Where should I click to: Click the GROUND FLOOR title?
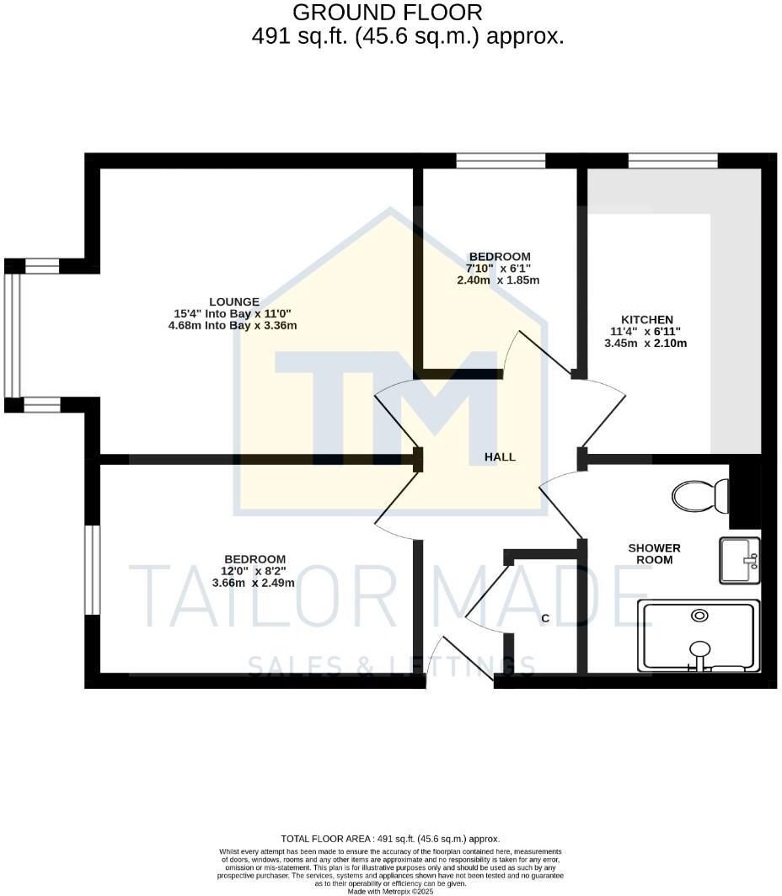(x=388, y=13)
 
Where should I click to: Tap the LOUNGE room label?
(x=233, y=302)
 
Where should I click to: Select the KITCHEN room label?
(x=646, y=320)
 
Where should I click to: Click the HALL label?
(x=500, y=457)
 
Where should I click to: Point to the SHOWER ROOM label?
(x=654, y=554)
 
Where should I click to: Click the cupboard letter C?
(x=545, y=619)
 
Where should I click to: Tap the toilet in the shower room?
(x=700, y=495)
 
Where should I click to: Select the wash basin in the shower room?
(x=739, y=561)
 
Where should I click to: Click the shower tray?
(x=699, y=636)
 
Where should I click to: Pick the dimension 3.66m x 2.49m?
(x=253, y=583)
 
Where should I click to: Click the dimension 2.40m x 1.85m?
(x=498, y=280)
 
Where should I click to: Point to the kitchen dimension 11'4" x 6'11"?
(x=646, y=332)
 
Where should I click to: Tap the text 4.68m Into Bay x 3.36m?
(x=233, y=325)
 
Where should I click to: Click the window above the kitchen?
(x=672, y=160)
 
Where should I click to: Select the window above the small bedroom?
(x=501, y=160)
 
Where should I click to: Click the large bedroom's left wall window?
(x=93, y=569)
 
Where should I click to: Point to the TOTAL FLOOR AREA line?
(x=390, y=839)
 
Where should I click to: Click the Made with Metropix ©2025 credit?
(x=390, y=891)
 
